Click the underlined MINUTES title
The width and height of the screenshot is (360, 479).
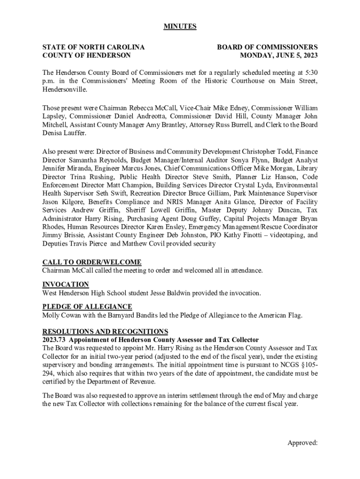pyautogui.click(x=180, y=27)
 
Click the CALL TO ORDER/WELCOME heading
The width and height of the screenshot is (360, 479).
pyautogui.click(x=92, y=262)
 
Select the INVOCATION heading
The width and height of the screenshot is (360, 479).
pyautogui.click(x=65, y=284)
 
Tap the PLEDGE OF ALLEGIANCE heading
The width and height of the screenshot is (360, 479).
pyautogui.click(x=87, y=307)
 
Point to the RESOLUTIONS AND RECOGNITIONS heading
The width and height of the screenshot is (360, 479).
pyautogui.click(x=105, y=331)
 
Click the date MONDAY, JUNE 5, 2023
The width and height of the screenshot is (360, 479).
pyautogui.click(x=279, y=56)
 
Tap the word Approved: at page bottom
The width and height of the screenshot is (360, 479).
pyautogui.click(x=302, y=443)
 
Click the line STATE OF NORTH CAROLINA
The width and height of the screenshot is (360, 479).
pyautogui.click(x=93, y=47)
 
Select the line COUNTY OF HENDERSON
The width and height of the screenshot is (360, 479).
pyautogui.click(x=86, y=56)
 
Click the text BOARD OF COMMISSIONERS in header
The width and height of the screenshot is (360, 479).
pyautogui.click(x=267, y=47)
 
